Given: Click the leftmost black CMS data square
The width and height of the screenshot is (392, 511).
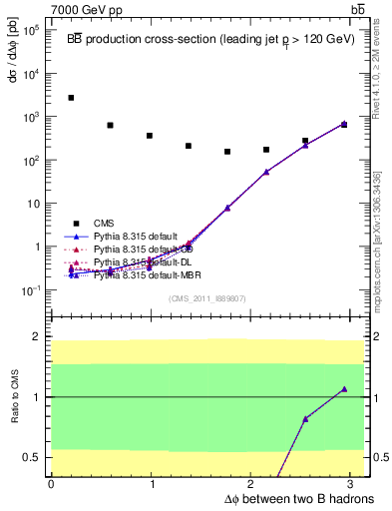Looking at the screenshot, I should (x=71, y=98).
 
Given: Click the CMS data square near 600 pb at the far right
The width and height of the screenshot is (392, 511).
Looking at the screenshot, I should (x=344, y=125).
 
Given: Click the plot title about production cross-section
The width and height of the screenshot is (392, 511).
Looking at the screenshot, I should (x=209, y=39).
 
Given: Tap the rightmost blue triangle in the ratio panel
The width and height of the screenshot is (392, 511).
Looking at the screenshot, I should (x=344, y=389).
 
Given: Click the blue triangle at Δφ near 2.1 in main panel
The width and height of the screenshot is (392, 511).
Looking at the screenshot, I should (x=266, y=172).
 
